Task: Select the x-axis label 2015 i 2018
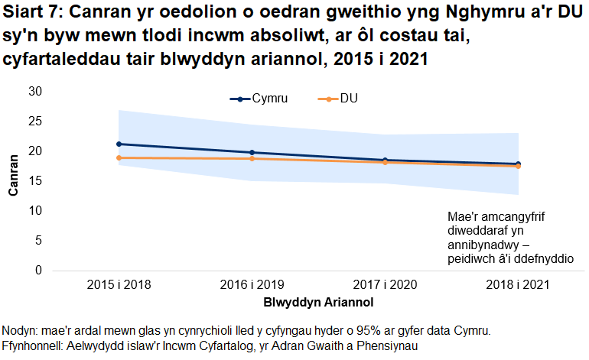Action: (x=119, y=285)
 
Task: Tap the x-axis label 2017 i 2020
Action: (x=385, y=285)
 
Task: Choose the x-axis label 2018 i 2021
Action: (x=518, y=285)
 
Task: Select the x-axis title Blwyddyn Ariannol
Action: (x=318, y=302)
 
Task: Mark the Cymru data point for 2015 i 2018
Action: (x=119, y=144)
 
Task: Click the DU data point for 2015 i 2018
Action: (x=119, y=157)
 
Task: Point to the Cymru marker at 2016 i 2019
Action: (x=252, y=152)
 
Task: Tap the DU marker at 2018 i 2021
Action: (x=518, y=166)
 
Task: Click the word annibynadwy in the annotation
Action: (x=483, y=245)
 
